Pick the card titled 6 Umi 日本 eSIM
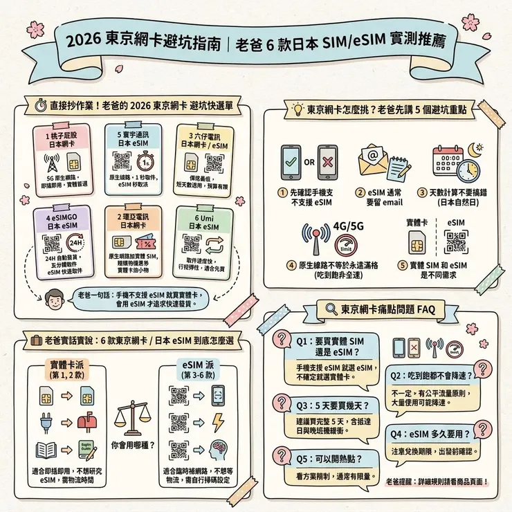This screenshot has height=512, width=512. pyautogui.click(x=201, y=239)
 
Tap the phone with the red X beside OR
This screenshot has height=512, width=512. pyautogui.click(x=327, y=164)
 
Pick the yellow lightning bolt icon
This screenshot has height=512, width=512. pyautogui.click(x=217, y=421)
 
